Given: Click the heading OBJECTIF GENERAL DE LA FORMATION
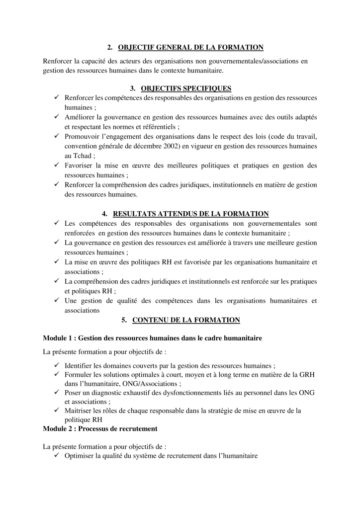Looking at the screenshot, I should pyautogui.click(x=190, y=48).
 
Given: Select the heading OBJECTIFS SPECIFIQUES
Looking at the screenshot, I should pyautogui.click(x=186, y=88).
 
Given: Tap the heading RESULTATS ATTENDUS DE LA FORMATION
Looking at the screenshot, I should pyautogui.click(x=191, y=214).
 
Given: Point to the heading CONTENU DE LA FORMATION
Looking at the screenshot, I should pyautogui.click(x=186, y=320).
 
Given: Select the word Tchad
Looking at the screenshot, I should pyautogui.click(x=75, y=155).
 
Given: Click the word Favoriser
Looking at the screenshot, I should pyautogui.click(x=80, y=165).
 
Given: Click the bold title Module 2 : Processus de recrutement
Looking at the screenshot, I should pyautogui.click(x=100, y=428).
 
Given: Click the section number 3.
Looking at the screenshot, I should pyautogui.click(x=133, y=88).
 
